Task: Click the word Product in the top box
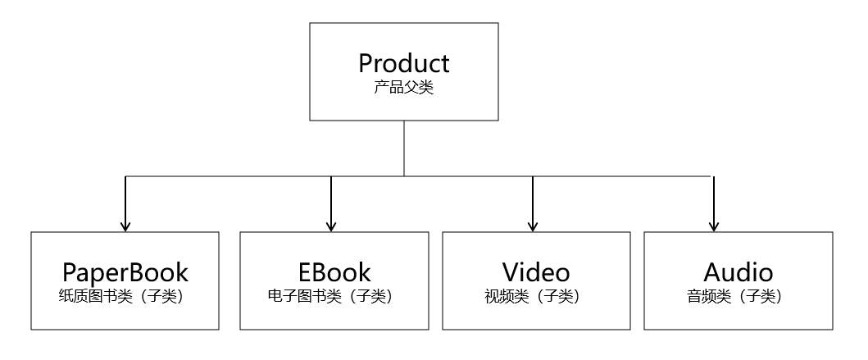click(x=403, y=63)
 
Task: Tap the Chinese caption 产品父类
click(x=403, y=88)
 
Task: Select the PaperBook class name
click(x=125, y=272)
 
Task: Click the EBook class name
click(x=334, y=272)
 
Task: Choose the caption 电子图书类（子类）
click(x=332, y=296)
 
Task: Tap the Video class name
click(x=536, y=272)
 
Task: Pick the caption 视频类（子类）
click(x=534, y=296)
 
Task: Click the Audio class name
click(x=738, y=272)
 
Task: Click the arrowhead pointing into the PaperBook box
click(x=125, y=226)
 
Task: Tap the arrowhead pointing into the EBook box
click(x=331, y=226)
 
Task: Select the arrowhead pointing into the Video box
click(x=533, y=226)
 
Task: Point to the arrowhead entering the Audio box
click(x=714, y=226)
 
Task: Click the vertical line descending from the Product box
click(x=403, y=148)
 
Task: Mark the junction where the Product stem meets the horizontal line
click(x=403, y=176)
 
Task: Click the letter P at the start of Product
click(x=366, y=63)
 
